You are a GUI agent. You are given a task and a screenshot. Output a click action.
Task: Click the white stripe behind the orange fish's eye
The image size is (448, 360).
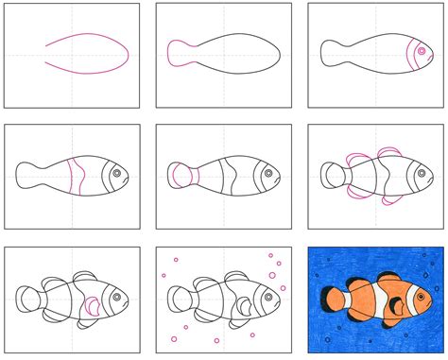tap(405, 300)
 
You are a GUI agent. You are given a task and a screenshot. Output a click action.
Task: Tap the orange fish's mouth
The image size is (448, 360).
tap(432, 303)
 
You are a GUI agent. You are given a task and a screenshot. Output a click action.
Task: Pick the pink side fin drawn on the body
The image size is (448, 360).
tap(93, 305)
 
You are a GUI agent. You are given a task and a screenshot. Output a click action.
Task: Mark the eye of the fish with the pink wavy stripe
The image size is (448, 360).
tap(116, 174)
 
